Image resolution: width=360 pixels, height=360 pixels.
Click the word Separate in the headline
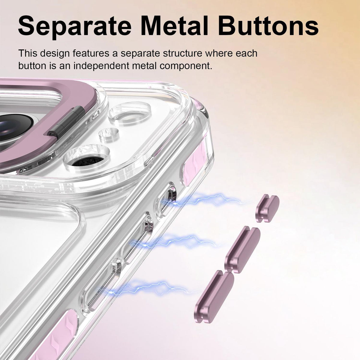pos(75,26)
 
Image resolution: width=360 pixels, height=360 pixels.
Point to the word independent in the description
pos(101,66)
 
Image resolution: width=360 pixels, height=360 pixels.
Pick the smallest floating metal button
pos(267,208)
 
